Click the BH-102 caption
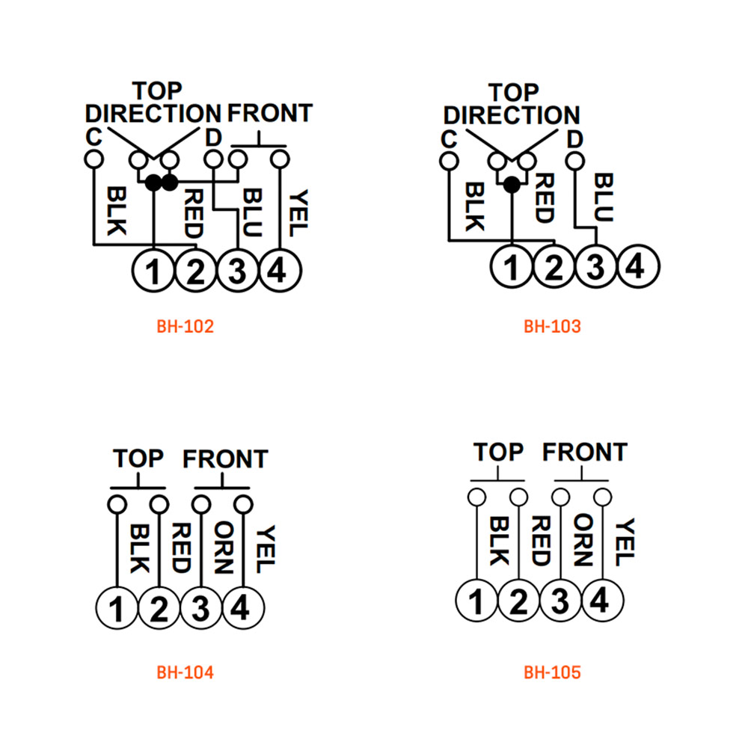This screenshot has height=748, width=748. tap(185, 327)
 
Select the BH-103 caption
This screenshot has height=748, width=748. tap(552, 327)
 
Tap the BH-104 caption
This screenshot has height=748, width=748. tap(185, 672)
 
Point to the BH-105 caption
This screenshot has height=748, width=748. tap(552, 672)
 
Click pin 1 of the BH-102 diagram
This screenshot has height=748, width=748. tap(153, 271)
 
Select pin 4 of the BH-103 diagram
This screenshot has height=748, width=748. tap(638, 266)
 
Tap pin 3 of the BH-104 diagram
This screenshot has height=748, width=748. tap(201, 608)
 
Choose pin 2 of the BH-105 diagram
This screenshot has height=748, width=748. tap(518, 601)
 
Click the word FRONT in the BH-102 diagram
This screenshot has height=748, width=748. tap(269, 114)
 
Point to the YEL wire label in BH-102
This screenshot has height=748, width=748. tap(298, 212)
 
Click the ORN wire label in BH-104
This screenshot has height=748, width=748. tap(224, 548)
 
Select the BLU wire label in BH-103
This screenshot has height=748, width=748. tap(604, 197)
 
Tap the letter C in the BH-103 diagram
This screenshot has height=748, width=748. tap(449, 139)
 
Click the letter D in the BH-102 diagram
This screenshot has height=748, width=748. tap(213, 138)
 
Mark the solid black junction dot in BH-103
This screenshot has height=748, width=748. tap(512, 185)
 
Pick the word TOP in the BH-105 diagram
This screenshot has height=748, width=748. tap(498, 452)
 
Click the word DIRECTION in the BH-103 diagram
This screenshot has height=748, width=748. tap(512, 115)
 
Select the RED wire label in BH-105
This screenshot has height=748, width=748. tap(542, 541)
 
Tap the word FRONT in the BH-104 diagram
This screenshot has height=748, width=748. tap(225, 459)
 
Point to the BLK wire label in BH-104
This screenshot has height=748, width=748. tap(139, 548)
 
